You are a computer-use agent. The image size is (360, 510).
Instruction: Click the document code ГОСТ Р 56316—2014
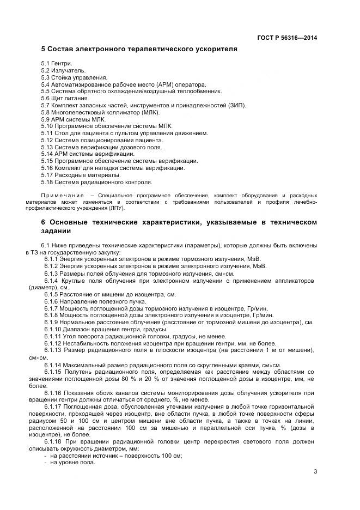287,38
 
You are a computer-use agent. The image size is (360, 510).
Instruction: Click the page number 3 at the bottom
315,472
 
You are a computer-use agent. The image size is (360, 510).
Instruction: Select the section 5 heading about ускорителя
139,49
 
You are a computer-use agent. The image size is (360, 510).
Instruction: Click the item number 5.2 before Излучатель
46,71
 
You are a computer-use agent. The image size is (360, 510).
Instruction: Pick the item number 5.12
47,140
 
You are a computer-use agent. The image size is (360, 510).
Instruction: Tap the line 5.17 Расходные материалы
81,175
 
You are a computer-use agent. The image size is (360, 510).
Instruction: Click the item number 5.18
47,183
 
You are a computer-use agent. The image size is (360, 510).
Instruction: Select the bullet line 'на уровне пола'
72,447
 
